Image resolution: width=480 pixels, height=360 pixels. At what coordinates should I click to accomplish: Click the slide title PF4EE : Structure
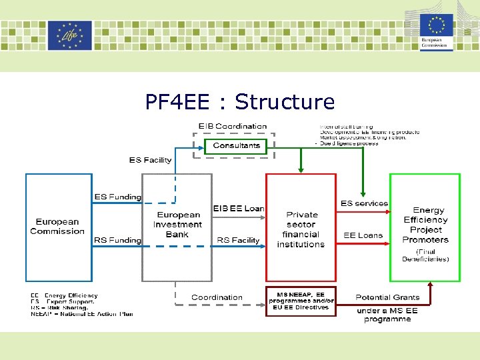click(x=240, y=102)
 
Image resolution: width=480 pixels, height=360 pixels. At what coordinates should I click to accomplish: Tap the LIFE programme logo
click(x=69, y=35)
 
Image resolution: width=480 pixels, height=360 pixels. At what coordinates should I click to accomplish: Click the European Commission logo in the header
click(x=437, y=33)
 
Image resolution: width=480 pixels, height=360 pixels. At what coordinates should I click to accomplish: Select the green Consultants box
click(x=237, y=145)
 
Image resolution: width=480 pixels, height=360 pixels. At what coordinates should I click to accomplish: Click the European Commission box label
click(x=57, y=227)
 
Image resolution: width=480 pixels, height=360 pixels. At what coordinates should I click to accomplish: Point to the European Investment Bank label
click(x=177, y=225)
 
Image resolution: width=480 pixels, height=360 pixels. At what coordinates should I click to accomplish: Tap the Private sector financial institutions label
click(x=301, y=229)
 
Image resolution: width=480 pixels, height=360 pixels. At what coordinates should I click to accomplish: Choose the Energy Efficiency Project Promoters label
click(x=425, y=225)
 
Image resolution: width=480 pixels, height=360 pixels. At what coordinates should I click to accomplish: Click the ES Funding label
click(x=117, y=197)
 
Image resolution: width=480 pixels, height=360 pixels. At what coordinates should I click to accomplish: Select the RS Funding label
click(x=117, y=240)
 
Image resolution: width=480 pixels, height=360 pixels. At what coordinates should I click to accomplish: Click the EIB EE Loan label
click(x=239, y=209)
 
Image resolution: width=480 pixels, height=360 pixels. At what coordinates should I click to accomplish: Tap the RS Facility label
click(x=238, y=240)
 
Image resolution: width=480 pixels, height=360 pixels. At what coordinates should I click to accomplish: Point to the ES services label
click(x=364, y=203)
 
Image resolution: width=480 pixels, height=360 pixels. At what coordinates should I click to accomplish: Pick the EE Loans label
click(x=363, y=235)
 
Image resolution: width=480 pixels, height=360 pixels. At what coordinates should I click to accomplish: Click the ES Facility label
click(x=150, y=160)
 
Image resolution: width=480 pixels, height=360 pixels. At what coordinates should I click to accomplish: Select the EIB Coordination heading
click(x=233, y=126)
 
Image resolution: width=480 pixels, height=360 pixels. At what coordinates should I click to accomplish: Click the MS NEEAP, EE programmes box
click(x=301, y=301)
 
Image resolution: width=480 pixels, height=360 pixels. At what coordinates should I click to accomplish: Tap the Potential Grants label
click(x=387, y=297)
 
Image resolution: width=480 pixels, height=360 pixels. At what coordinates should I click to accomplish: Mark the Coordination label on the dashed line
click(x=217, y=297)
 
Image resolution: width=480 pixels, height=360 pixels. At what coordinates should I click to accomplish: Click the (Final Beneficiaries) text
click(x=425, y=255)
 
